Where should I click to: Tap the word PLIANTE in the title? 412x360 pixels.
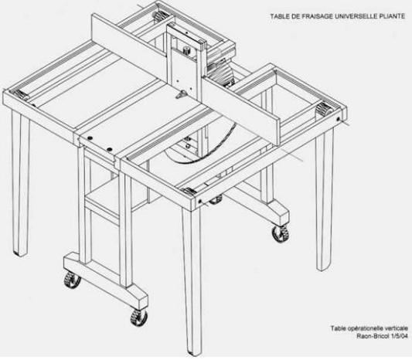coord(392,16)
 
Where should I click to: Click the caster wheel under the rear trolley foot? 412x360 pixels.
coord(281,234)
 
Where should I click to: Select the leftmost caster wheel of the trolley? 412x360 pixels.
coord(72,279)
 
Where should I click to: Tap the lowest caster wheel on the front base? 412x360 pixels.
coord(138,318)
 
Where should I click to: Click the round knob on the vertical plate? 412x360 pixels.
coord(186,49)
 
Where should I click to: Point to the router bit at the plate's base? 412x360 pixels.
coord(182,95)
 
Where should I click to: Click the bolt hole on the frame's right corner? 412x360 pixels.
coord(338,119)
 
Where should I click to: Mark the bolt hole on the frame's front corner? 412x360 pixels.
coord(200,202)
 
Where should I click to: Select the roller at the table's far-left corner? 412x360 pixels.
coord(19,94)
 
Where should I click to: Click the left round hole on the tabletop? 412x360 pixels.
coord(90,138)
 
